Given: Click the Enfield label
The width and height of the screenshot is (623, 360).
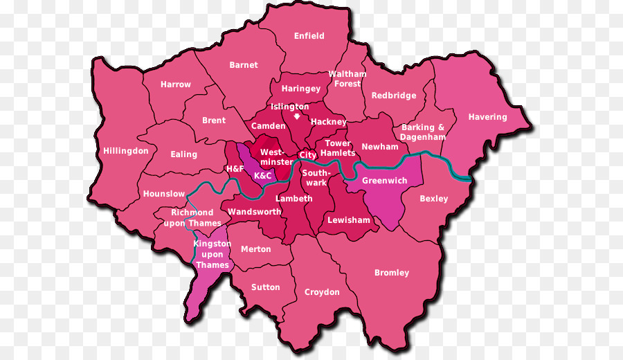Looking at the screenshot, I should [309, 36].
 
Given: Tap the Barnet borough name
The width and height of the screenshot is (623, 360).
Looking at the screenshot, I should [244, 65].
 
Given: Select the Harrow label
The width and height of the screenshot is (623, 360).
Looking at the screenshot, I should [176, 84].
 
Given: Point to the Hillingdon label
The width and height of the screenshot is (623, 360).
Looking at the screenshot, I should [126, 151].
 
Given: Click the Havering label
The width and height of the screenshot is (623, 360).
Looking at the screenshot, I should [487, 117].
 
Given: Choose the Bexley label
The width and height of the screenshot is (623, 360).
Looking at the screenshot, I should [434, 199].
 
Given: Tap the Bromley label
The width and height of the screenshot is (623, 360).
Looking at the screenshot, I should [392, 273].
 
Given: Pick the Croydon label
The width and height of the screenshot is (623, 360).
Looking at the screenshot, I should [322, 292].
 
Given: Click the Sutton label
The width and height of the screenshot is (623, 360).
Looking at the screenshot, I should [266, 287].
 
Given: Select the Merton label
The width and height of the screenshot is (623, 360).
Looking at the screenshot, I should [256, 249].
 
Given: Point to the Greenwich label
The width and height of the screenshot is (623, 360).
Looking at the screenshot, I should [384, 181].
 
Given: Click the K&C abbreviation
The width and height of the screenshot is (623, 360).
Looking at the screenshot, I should [263, 176].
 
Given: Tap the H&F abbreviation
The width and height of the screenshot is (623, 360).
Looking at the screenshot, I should [235, 169].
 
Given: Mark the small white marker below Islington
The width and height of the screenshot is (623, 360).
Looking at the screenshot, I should [297, 117].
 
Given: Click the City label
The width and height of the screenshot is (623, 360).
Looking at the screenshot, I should [308, 156].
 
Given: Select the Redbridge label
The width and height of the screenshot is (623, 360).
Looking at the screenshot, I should [394, 96].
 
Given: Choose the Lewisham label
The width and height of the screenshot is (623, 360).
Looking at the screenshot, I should [349, 220].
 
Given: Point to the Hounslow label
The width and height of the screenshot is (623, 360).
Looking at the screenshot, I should [164, 195].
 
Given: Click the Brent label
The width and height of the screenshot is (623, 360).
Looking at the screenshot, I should [214, 120].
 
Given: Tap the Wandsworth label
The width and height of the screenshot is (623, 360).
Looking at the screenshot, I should [255, 212].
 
